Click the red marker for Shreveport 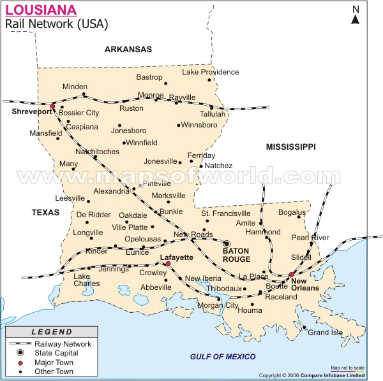52,106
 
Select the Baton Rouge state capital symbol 226,243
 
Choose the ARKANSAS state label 128,49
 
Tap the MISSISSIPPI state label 290,147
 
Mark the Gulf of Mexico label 223,356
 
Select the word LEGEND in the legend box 52,332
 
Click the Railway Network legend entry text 63,343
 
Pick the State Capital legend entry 57,352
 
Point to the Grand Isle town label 325,332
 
